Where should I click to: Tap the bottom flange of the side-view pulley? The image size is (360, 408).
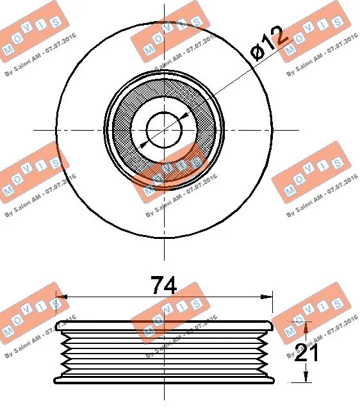point(165,380)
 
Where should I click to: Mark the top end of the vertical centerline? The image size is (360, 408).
point(165,5)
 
